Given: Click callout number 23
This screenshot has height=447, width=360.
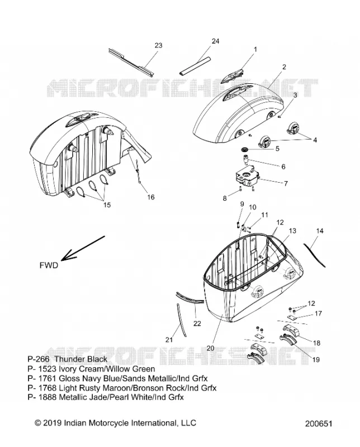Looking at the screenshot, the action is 158,45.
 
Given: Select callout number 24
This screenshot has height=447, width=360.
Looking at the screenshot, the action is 215,41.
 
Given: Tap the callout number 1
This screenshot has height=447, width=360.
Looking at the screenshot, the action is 255,49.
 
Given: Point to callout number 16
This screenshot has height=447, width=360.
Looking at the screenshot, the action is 150,197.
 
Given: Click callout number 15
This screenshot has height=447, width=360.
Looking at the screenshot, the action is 107,205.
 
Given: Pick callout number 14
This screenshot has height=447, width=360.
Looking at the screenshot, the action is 320,231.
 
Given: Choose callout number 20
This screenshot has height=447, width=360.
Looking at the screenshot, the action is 210,348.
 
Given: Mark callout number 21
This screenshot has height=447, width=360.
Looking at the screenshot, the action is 169,340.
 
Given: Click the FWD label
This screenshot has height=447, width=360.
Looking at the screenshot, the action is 49,265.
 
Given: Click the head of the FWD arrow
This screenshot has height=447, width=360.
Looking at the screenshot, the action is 62,259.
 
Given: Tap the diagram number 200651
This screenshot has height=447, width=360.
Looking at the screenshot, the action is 319,424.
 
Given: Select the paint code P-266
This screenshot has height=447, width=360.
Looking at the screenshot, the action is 39,359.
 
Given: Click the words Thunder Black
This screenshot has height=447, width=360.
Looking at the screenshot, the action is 80,359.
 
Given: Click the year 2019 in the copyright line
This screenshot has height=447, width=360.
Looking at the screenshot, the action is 51,422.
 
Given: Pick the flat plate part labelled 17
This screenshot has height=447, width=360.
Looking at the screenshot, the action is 293,317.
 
